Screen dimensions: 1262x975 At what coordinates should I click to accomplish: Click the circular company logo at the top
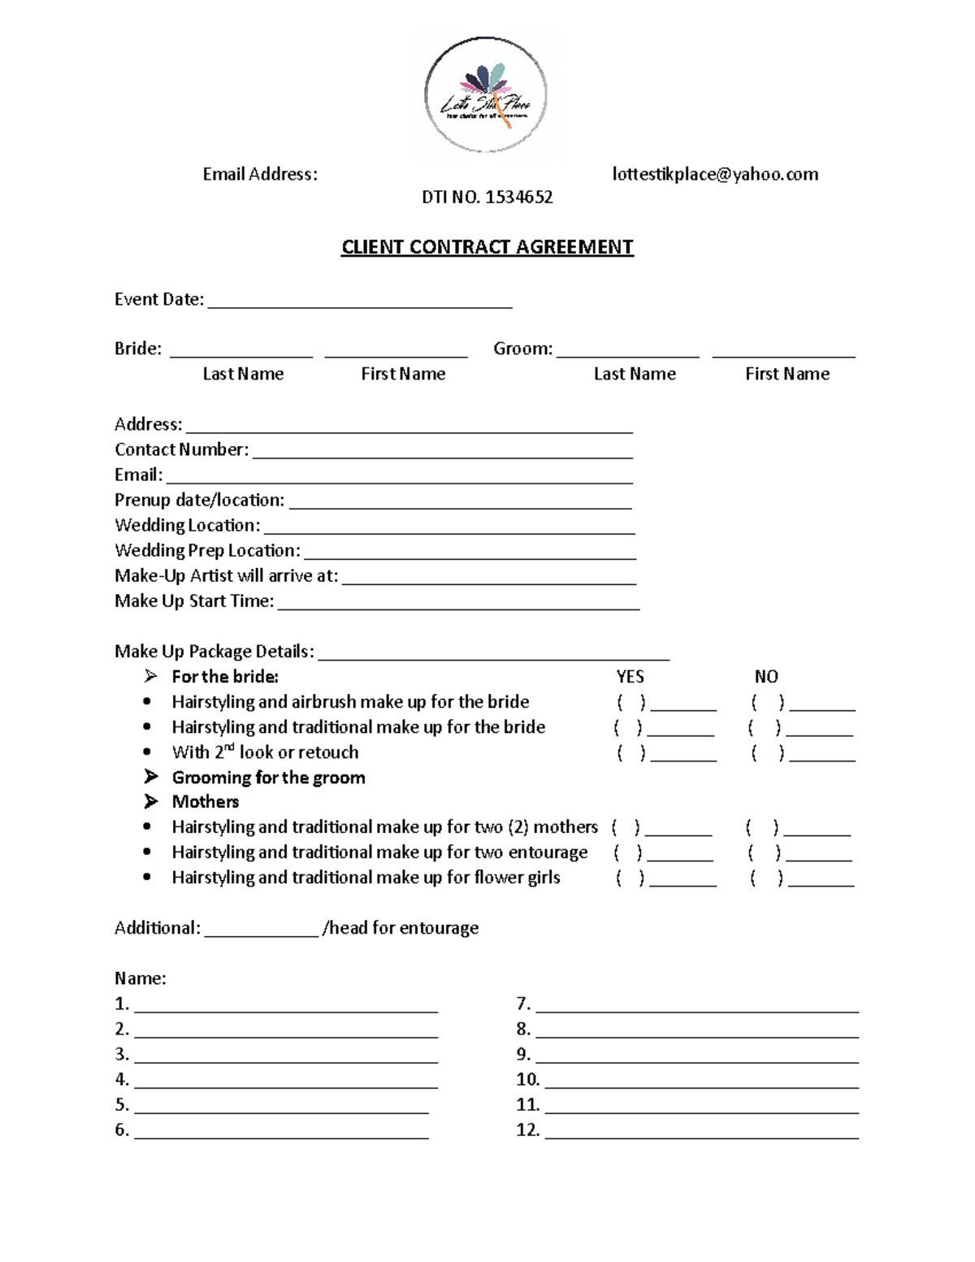[486, 95]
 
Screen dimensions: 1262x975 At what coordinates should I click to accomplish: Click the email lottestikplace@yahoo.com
[715, 174]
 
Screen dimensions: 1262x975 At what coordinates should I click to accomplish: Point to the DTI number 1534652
[487, 197]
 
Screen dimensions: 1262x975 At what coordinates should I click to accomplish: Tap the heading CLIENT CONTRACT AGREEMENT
[487, 247]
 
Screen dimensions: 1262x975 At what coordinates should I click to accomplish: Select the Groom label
[522, 349]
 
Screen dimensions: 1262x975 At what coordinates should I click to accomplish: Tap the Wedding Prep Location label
[207, 550]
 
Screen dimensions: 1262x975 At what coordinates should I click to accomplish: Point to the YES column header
[630, 677]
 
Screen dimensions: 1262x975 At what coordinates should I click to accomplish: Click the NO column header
[765, 677]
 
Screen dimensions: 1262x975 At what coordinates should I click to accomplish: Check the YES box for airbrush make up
[631, 702]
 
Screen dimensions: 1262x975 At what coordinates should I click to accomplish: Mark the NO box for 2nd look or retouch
[767, 752]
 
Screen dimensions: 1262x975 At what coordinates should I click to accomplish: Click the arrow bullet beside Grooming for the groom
[151, 777]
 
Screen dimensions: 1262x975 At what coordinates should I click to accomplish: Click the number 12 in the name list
[527, 1130]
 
